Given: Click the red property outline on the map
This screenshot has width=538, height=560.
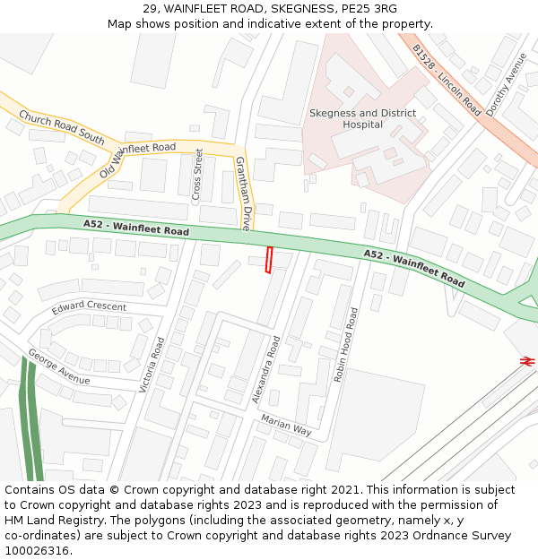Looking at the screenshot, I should (x=269, y=260).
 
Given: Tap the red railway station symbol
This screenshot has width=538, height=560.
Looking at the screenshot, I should (x=526, y=360).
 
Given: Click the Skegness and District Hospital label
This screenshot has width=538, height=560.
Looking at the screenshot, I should (x=362, y=119).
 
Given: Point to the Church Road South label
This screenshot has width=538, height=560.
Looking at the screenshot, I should (x=62, y=127).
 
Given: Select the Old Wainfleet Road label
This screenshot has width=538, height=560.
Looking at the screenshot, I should (x=137, y=159).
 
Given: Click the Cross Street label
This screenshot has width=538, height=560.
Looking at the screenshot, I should (x=198, y=175).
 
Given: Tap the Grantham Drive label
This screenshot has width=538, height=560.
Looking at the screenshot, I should (x=242, y=193).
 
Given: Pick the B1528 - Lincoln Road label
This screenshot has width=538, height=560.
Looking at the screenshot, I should (x=447, y=80).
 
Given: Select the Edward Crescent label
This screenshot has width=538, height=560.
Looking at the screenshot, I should (x=89, y=307).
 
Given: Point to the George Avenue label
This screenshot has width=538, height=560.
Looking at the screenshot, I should (x=59, y=366).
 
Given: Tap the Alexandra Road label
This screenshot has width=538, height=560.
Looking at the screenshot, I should (x=266, y=369).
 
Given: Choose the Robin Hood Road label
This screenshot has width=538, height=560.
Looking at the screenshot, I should (x=346, y=345).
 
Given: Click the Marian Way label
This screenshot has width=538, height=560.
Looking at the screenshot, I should (x=286, y=425).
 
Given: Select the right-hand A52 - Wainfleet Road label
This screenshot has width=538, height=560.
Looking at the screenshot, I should (x=414, y=269).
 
